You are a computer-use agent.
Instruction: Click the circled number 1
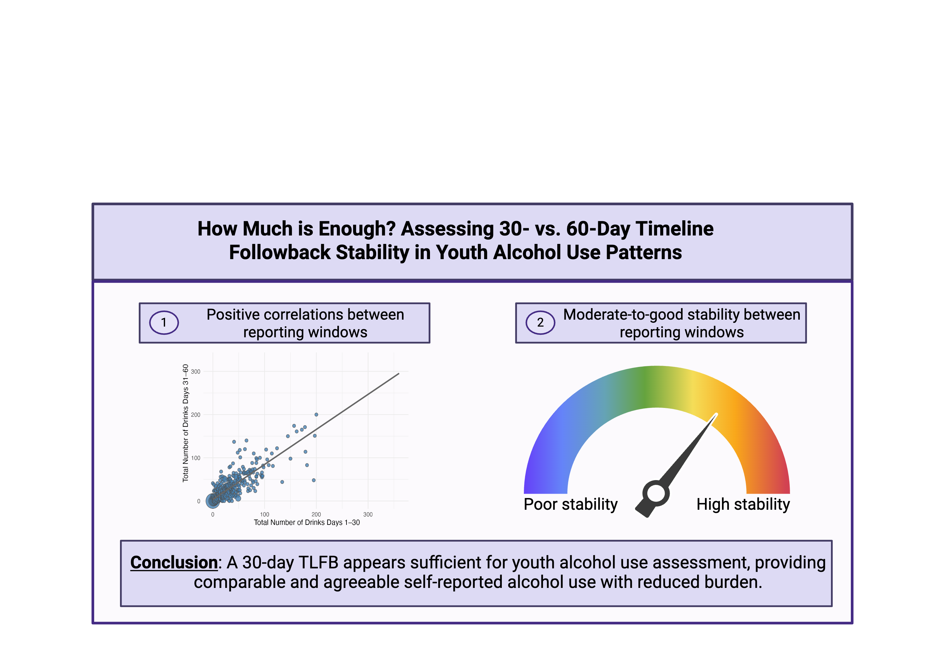[x=164, y=322]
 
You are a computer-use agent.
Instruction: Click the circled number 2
[x=540, y=322]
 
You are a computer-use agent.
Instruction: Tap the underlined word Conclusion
[x=174, y=562]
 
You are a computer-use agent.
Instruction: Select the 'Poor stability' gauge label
[x=570, y=504]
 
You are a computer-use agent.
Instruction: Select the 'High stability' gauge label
[x=743, y=504]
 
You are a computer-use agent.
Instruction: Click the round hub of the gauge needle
[x=656, y=493]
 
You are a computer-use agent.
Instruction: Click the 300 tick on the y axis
[x=196, y=372]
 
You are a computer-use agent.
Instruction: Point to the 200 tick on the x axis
[x=316, y=514]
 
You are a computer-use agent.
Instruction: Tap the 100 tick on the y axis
[x=196, y=458]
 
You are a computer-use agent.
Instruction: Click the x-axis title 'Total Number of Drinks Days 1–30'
[x=306, y=522]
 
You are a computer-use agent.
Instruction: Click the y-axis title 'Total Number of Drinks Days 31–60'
[x=186, y=423]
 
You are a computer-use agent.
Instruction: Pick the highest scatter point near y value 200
[x=316, y=415]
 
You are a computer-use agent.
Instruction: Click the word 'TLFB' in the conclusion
[x=318, y=562]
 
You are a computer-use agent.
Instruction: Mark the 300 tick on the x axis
[x=368, y=514]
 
